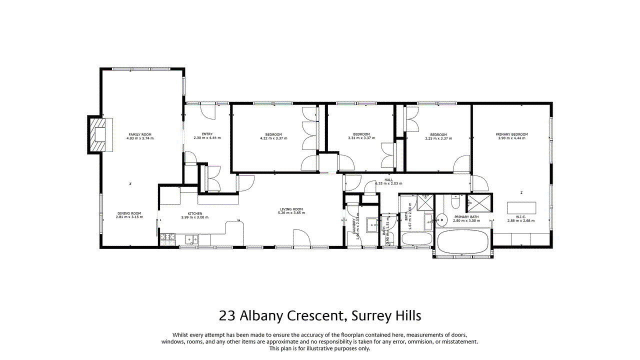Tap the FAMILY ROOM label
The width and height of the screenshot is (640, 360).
coord(140,134)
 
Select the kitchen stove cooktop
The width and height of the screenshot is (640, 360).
coord(166,239)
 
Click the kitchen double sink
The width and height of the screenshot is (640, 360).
coord(191,239)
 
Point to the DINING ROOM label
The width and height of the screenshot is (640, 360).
coord(129,213)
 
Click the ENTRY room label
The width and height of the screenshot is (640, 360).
coord(207,134)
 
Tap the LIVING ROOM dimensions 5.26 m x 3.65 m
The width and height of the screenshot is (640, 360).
coord(291,213)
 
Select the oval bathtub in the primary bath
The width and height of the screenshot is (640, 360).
coord(462,242)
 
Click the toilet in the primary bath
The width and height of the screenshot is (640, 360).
coord(454,202)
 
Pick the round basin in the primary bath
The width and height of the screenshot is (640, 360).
coord(441,218)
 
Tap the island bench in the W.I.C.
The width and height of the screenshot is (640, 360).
coord(521,207)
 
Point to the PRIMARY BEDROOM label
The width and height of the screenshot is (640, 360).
coord(511,134)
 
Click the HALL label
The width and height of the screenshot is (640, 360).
coord(388,180)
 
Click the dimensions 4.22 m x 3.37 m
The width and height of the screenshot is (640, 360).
coord(273,138)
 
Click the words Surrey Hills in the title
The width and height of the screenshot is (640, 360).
coord(386,316)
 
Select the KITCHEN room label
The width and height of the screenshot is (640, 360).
coord(194,213)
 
